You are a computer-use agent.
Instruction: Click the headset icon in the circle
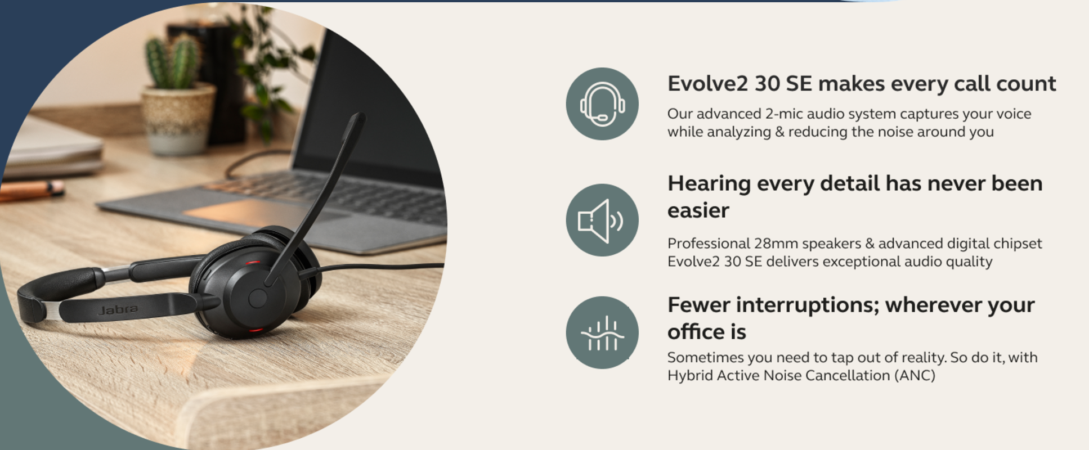pyautogui.click(x=602, y=104)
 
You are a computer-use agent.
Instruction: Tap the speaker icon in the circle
pyautogui.click(x=600, y=220)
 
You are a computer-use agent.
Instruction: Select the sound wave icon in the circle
pyautogui.click(x=602, y=333)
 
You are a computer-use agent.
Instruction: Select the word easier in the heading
pyautogui.click(x=698, y=210)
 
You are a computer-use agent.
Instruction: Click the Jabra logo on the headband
pyautogui.click(x=118, y=309)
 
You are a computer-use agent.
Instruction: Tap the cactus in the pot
pyautogui.click(x=173, y=62)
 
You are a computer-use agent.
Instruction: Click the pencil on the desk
pyautogui.click(x=31, y=190)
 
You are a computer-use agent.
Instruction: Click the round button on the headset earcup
pyautogui.click(x=258, y=298)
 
